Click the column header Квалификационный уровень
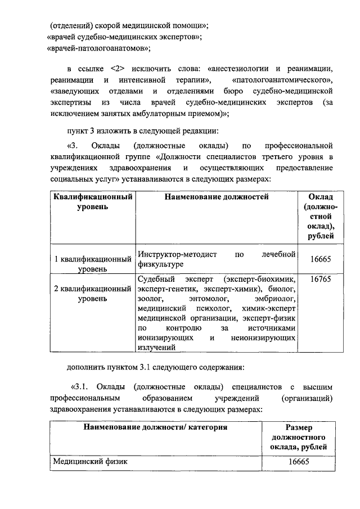[x=93, y=202]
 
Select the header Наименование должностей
[x=217, y=197]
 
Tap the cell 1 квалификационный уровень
[x=93, y=264]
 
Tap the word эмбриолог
[x=274, y=299]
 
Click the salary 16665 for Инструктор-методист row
[x=319, y=259]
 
